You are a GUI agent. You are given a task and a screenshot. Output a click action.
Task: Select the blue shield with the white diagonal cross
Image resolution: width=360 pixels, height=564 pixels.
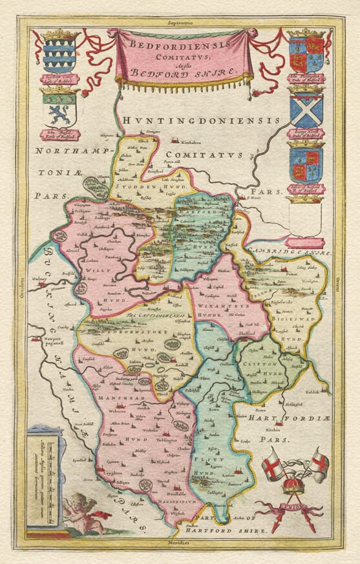click(x=306, y=110)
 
